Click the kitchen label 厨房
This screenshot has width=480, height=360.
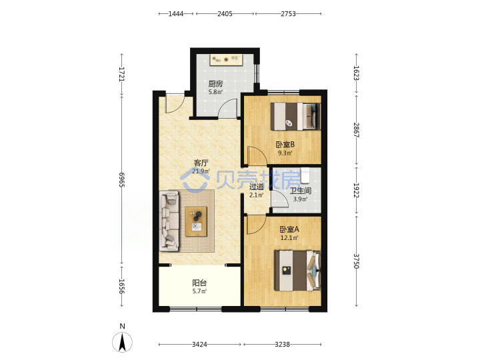215,83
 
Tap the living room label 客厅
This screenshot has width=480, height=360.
201,163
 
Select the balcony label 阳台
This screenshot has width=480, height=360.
199,283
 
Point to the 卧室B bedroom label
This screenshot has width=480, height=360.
285,144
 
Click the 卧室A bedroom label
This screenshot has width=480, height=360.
289,229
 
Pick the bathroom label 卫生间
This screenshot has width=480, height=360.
301,191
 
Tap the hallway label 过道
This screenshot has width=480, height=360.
256,187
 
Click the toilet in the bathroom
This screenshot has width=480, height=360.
305,175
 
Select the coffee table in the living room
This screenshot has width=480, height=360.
196,221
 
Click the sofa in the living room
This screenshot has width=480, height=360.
169,221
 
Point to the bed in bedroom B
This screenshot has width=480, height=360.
296,116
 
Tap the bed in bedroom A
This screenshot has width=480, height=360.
297,271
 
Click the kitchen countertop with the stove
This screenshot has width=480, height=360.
227,60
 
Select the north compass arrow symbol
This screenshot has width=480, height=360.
123,342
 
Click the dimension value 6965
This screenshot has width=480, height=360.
122,180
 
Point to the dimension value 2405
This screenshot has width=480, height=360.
225,14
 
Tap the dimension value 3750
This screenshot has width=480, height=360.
356,261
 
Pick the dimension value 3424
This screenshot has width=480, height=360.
199,345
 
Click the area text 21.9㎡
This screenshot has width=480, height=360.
201,171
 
